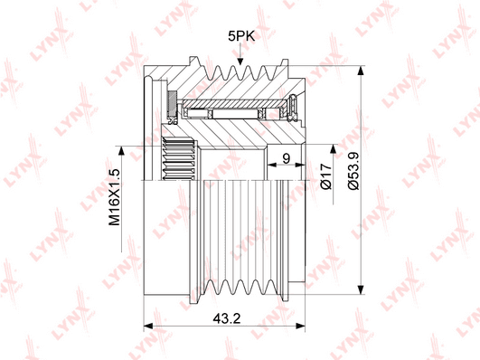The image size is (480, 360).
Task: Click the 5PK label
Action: coord(241,36)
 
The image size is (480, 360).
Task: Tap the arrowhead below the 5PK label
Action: coord(240,60)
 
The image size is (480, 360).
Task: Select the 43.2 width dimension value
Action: coord(227,319)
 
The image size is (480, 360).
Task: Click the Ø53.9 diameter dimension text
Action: coord(353,171)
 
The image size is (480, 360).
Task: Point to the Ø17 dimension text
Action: coord(326,176)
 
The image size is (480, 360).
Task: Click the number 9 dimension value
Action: coord(287,158)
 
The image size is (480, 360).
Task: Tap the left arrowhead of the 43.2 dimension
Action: coord(148,326)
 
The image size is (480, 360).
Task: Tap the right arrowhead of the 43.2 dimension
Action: coord(300,326)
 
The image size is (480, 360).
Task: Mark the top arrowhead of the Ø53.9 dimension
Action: coord(362,71)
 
